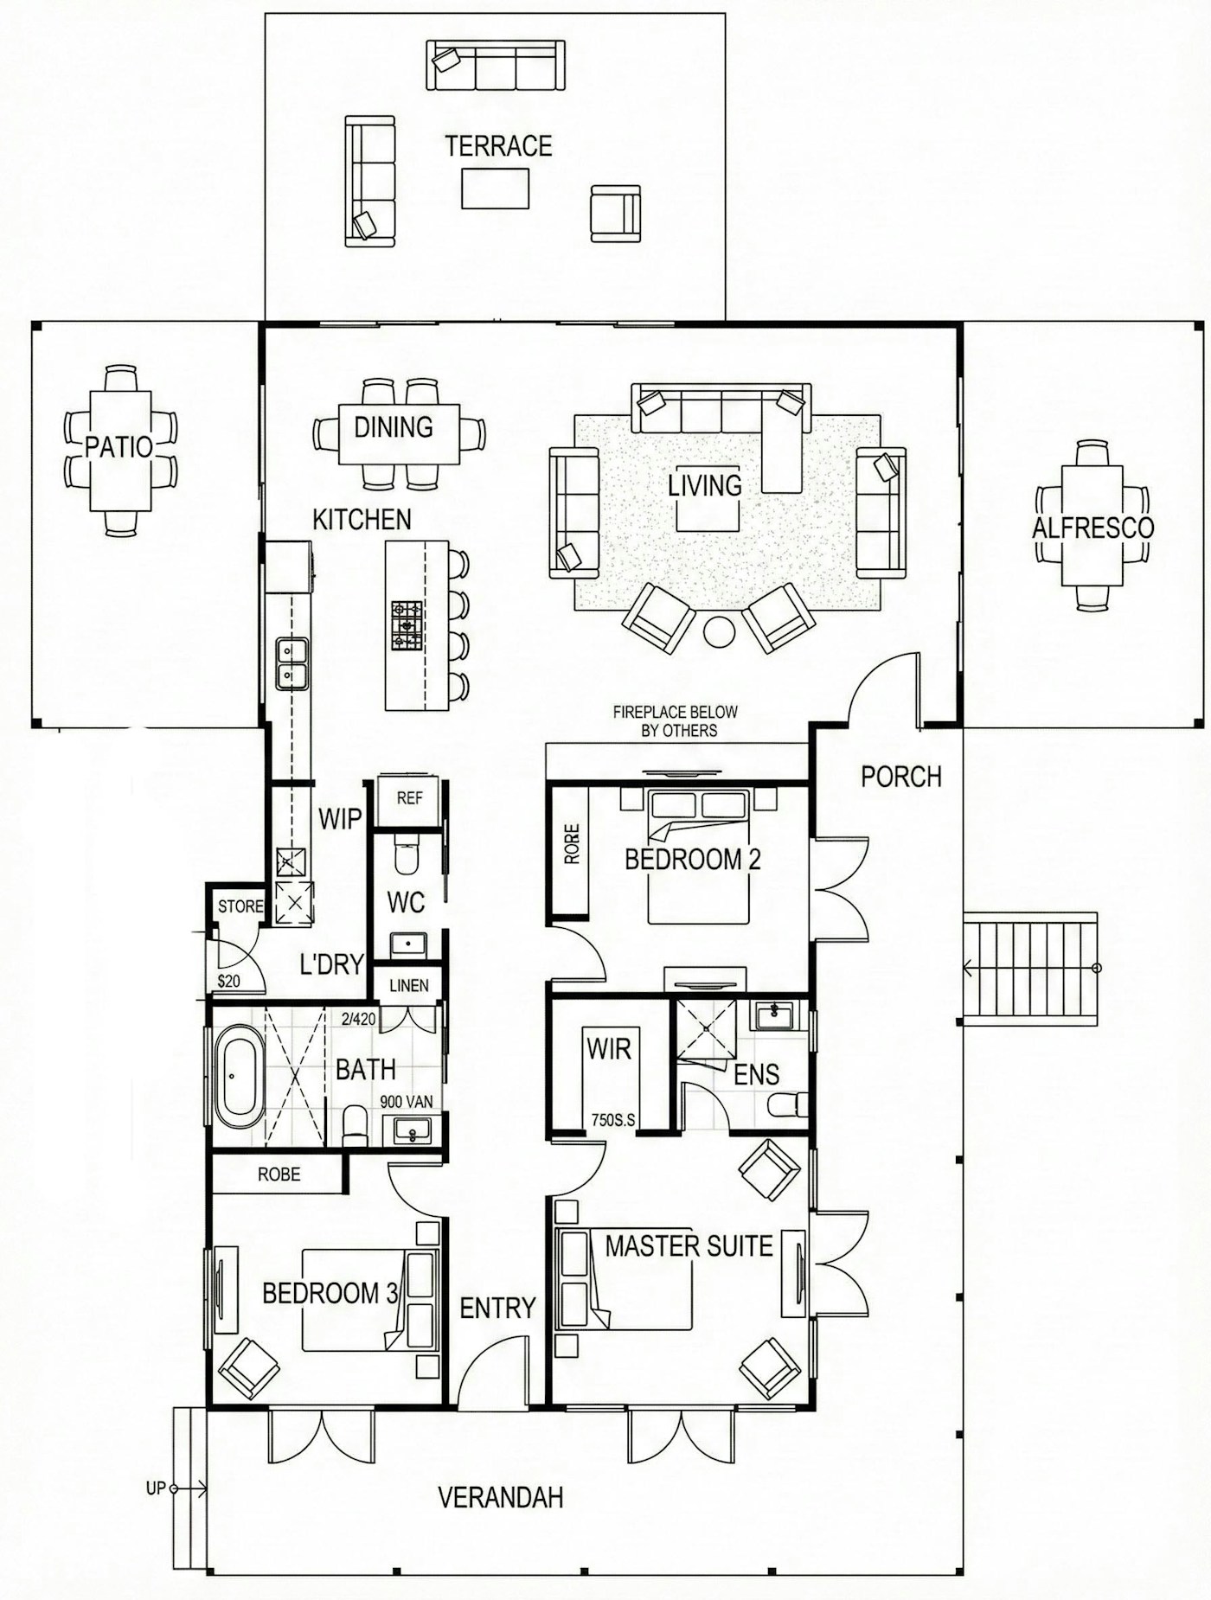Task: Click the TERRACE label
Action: [498, 146]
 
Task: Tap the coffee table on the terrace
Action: [495, 189]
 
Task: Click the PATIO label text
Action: [119, 447]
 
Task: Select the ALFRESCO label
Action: [1092, 528]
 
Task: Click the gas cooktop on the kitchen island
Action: [407, 625]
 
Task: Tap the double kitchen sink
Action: [292, 663]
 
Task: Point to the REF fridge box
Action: [409, 798]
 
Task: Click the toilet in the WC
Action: [405, 854]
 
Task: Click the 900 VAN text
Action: [406, 1103]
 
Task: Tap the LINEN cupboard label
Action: [408, 985]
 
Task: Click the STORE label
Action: [240, 906]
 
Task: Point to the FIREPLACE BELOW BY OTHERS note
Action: [675, 721]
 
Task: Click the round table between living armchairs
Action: [719, 630]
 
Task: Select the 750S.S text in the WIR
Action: [612, 1120]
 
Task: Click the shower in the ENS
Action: [706, 1029]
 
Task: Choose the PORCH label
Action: [900, 777]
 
